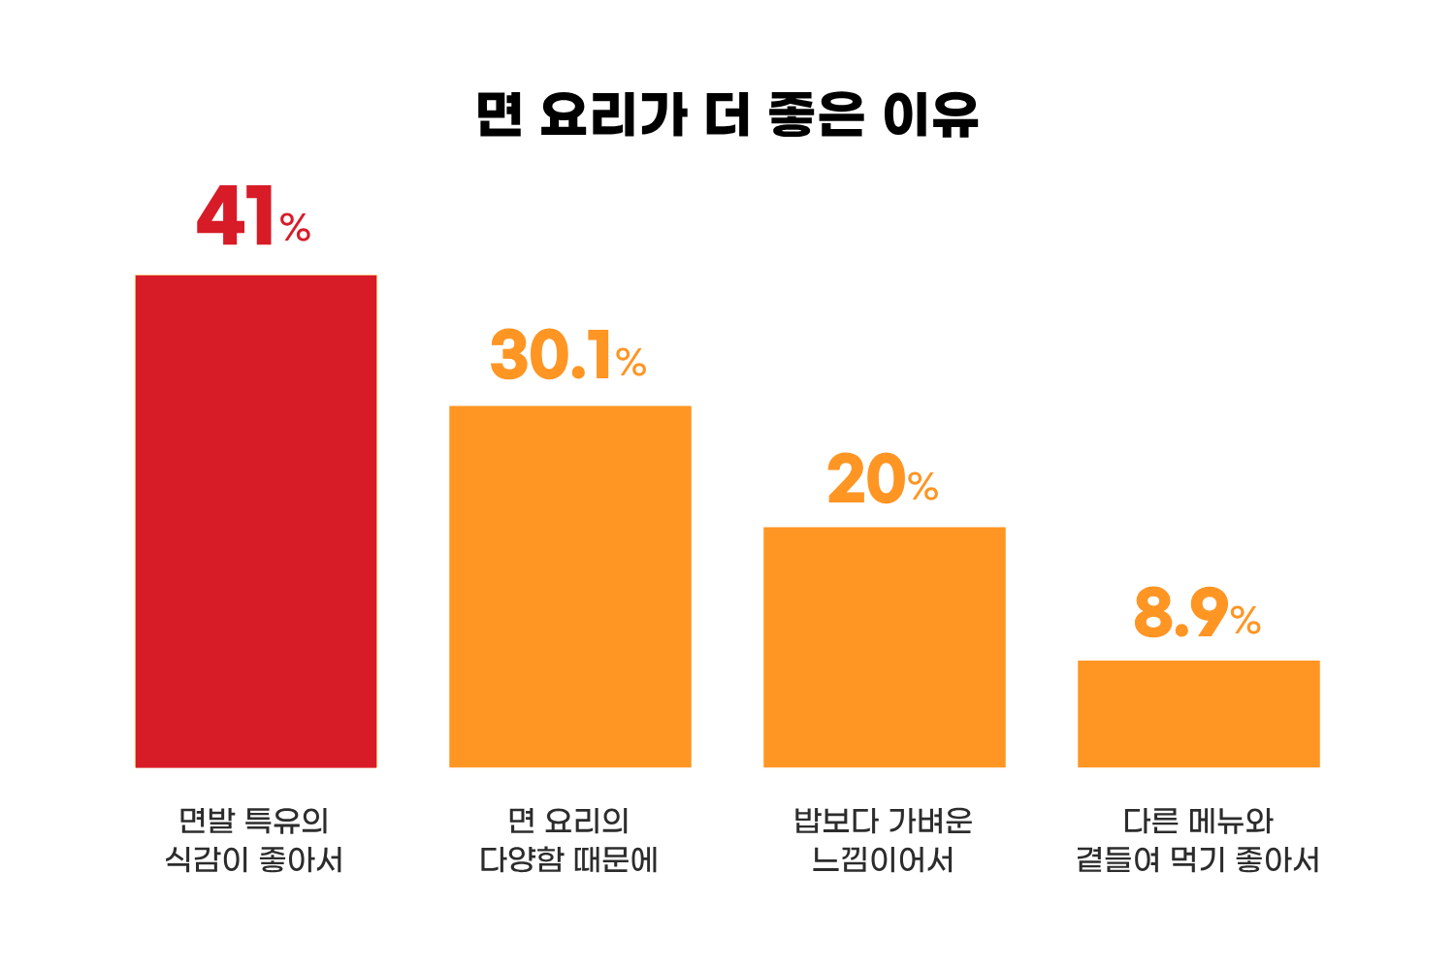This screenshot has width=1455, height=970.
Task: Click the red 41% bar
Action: (256, 521)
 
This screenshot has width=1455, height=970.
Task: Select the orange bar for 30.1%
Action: (570, 586)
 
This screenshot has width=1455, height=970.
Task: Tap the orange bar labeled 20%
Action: (885, 647)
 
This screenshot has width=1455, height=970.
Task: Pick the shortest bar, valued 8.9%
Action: (1199, 713)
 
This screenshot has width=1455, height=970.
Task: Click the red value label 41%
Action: (252, 217)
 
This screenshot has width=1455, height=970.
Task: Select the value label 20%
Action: (882, 479)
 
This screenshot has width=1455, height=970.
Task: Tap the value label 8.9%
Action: (1196, 613)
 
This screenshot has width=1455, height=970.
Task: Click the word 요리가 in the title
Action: (613, 115)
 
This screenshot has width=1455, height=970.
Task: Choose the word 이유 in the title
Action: (930, 115)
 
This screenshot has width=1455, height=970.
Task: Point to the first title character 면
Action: (501, 115)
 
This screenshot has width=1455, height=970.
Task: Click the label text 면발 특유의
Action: (254, 821)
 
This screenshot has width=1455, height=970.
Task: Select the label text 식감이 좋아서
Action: (254, 860)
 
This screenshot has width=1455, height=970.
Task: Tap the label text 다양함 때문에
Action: (569, 860)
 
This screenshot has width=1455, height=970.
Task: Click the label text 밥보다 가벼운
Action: (883, 821)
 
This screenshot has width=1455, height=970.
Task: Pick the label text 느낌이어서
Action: (883, 860)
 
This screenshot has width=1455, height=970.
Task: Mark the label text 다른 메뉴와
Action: (1198, 821)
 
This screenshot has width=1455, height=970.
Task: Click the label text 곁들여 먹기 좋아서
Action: (1198, 860)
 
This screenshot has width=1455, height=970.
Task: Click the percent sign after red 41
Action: (295, 229)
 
